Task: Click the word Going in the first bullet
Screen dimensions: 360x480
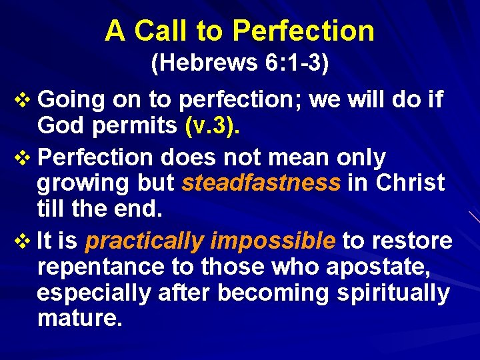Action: pos(72,101)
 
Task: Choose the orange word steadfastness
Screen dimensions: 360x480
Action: pos(261,183)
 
